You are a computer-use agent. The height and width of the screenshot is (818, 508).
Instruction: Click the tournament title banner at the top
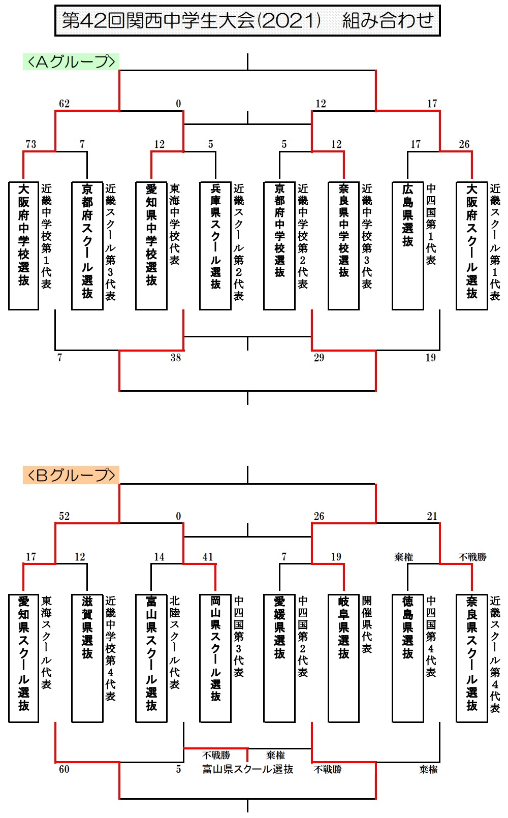(247, 20)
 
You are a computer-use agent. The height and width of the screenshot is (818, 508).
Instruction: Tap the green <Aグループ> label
(71, 61)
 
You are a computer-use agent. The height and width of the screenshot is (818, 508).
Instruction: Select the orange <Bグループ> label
(71, 475)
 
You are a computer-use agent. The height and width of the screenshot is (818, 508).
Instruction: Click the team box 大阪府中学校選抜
(23, 246)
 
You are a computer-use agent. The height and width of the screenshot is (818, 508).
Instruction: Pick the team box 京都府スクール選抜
(87, 246)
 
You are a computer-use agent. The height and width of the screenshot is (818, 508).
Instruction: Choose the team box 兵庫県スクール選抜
(215, 246)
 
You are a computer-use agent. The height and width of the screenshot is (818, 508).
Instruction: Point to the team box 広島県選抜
(408, 246)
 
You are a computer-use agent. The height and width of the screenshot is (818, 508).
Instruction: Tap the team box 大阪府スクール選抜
(472, 246)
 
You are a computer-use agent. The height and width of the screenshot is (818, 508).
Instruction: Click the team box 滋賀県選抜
(87, 658)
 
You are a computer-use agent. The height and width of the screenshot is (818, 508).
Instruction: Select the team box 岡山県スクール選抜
(215, 658)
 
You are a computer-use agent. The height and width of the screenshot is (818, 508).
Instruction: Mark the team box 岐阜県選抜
(343, 658)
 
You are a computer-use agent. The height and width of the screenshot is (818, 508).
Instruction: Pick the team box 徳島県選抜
(408, 658)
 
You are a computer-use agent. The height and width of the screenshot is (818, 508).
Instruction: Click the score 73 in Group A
(31, 144)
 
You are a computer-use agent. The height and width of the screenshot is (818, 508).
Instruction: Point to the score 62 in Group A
(65, 104)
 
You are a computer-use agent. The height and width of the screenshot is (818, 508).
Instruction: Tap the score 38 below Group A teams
(176, 358)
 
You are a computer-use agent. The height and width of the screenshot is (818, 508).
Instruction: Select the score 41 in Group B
(208, 557)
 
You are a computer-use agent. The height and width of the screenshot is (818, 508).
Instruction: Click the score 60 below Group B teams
(65, 769)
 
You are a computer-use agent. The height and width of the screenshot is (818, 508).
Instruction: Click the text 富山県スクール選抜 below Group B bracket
(247, 769)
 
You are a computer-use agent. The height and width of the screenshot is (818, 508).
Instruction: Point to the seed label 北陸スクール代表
(175, 643)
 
